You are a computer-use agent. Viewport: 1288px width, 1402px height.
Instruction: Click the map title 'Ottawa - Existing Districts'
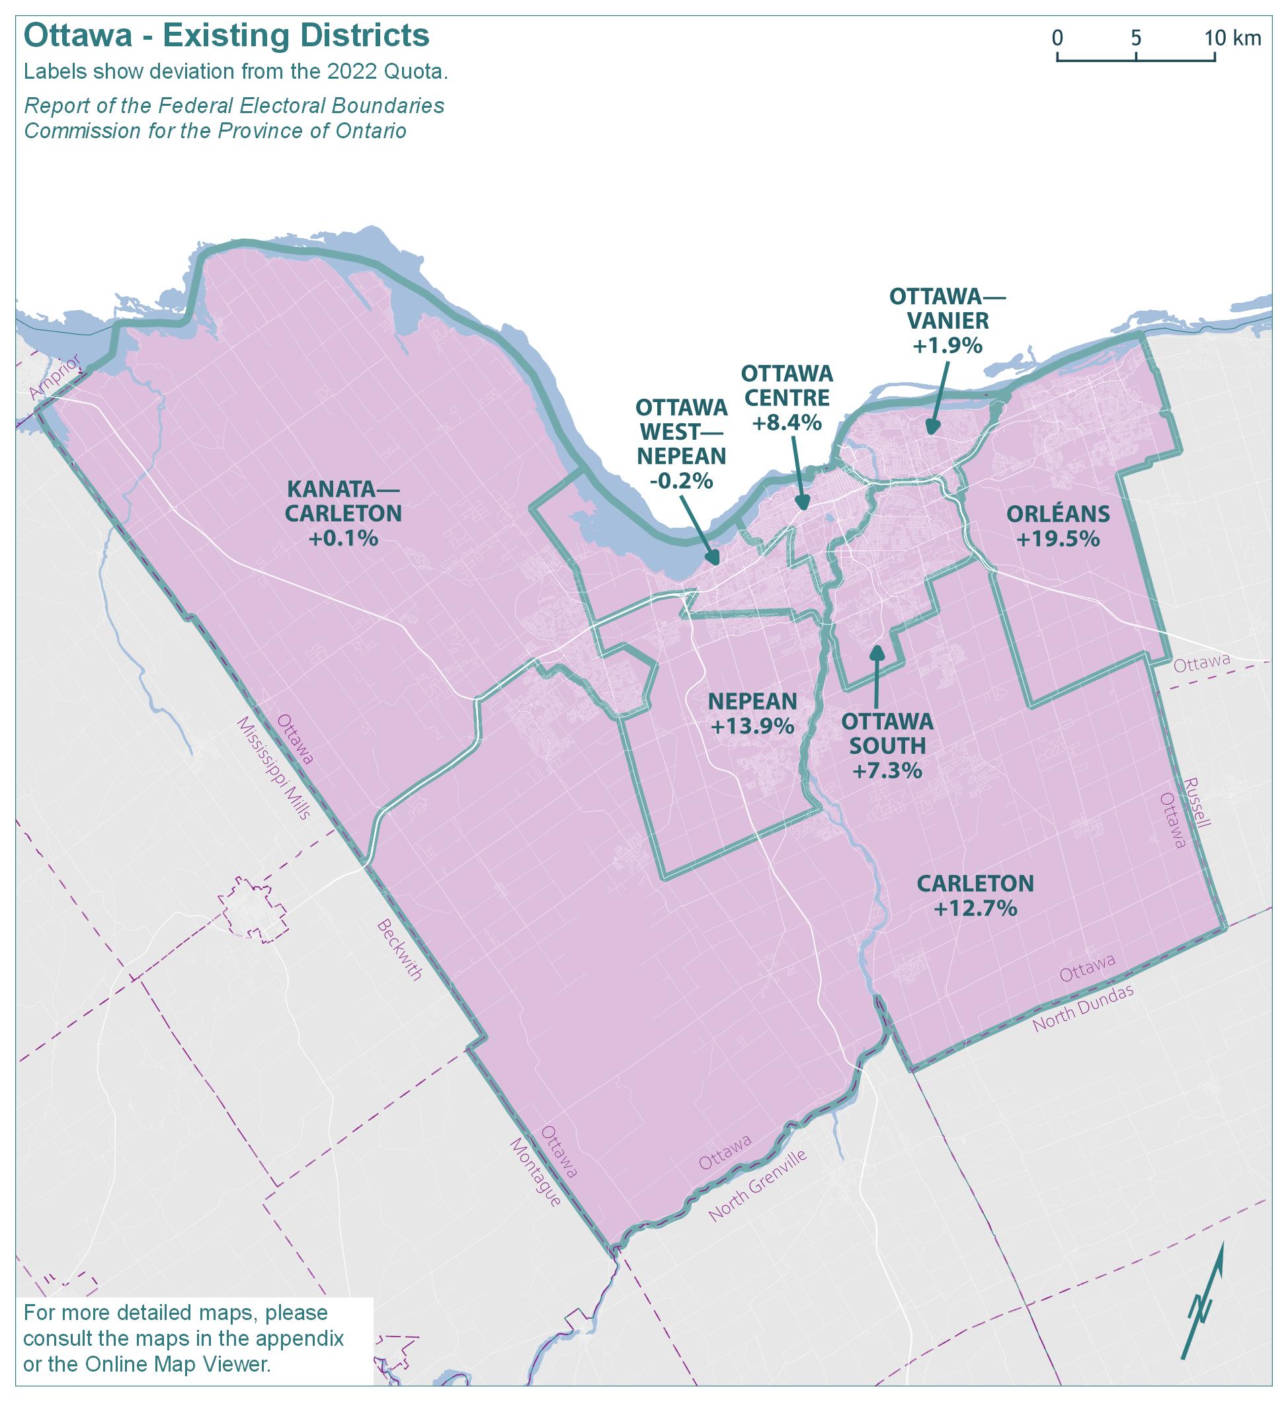point(227,36)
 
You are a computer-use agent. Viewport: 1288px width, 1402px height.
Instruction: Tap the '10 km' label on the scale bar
point(1232,38)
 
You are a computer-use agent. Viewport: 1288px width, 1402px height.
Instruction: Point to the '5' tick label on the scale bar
point(1136,38)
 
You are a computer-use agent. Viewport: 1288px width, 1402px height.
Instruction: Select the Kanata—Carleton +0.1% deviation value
point(343,538)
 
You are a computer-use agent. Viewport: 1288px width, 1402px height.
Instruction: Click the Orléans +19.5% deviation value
point(1058,539)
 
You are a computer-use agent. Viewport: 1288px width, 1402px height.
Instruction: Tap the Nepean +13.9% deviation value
point(752,725)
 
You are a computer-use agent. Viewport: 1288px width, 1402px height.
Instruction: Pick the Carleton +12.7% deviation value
point(975,909)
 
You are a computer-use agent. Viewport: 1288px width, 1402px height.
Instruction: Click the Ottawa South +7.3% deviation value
point(887,770)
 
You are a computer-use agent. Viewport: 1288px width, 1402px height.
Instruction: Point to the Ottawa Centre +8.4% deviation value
point(787,423)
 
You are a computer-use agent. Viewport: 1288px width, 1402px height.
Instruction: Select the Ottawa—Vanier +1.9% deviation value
point(947,345)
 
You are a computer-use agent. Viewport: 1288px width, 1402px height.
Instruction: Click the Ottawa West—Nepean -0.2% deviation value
point(681,480)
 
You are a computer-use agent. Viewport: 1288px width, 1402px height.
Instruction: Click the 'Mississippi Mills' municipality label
point(272,768)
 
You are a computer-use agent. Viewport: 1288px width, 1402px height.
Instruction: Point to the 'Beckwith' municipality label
point(399,950)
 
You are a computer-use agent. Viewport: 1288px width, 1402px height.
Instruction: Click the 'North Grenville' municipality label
point(758,1186)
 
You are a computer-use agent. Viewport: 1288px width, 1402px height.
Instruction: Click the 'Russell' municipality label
point(1197,802)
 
